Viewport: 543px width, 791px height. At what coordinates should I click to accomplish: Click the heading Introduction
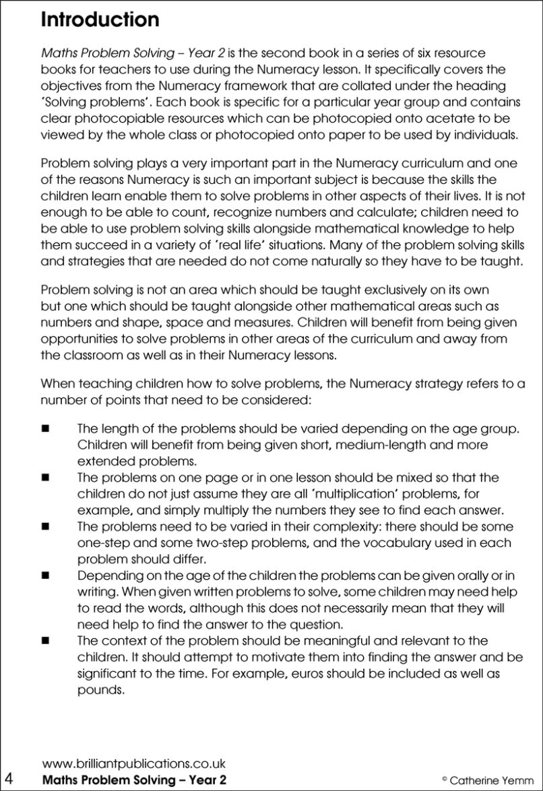click(100, 19)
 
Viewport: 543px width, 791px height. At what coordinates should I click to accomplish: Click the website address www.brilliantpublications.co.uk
click(133, 763)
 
